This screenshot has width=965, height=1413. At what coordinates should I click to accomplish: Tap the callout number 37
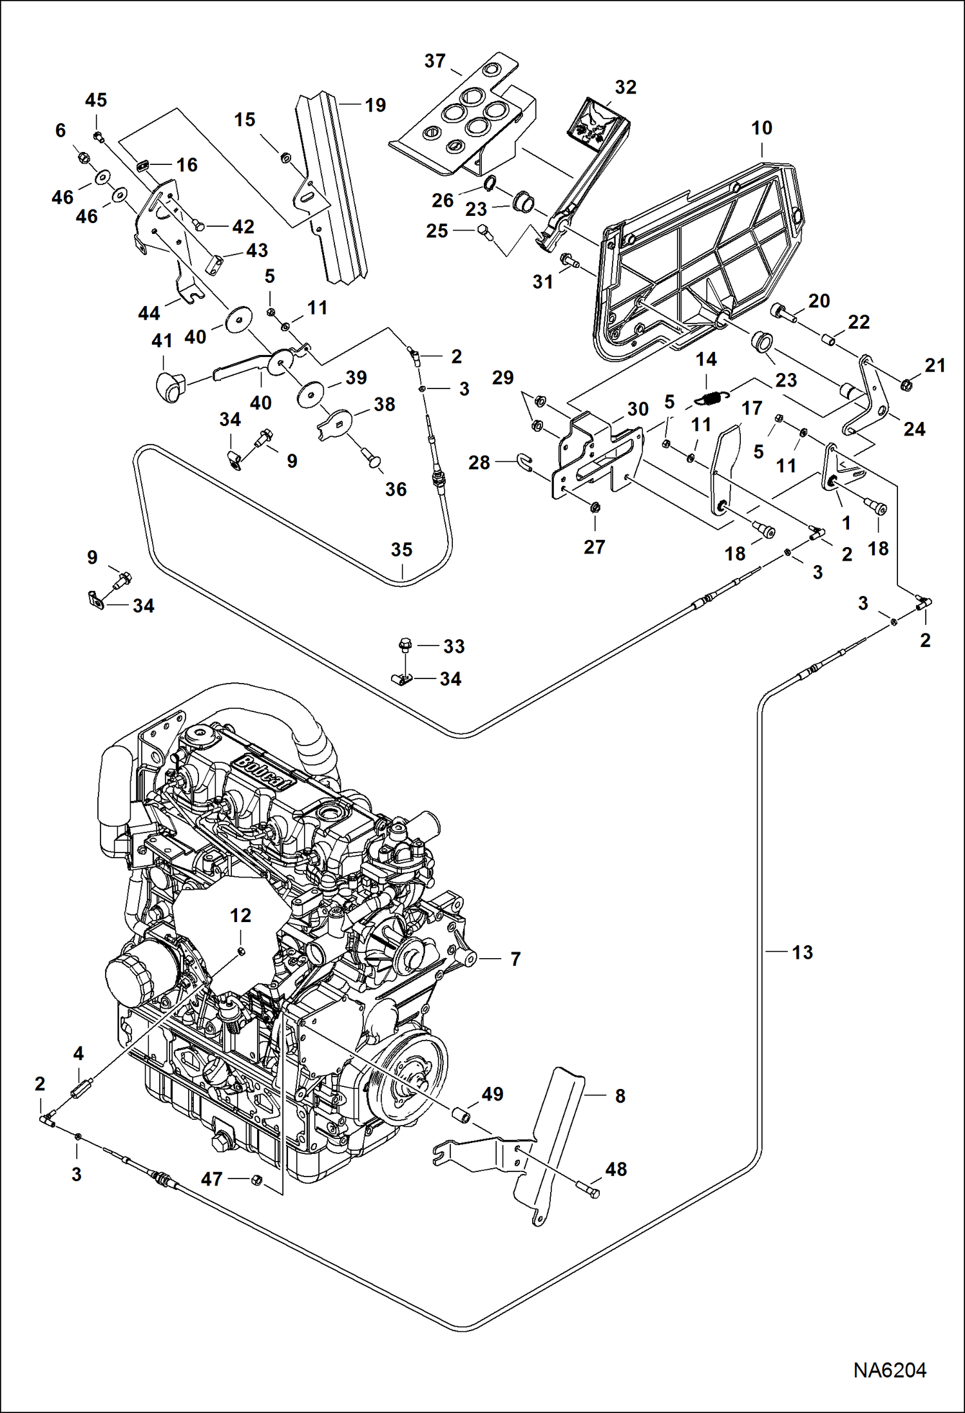point(435,61)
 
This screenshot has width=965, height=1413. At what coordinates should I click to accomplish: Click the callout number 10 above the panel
point(761,128)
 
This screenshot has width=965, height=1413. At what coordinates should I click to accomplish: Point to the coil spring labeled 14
point(713,399)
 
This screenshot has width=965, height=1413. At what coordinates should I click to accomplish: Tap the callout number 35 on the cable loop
point(401,550)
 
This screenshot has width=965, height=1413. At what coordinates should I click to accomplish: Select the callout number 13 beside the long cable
point(802,952)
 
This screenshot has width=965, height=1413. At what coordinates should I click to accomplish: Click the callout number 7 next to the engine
point(515,959)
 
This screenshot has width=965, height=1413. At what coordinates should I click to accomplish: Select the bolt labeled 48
point(587,1189)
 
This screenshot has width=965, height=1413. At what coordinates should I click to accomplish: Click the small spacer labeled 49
point(462,1114)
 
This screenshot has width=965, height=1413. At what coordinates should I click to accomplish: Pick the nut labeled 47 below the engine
point(255,1180)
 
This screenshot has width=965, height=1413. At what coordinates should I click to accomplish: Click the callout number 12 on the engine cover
point(240,915)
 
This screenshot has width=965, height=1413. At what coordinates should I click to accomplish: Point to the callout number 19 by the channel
point(375,105)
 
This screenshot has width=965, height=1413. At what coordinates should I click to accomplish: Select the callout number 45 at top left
point(96,101)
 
